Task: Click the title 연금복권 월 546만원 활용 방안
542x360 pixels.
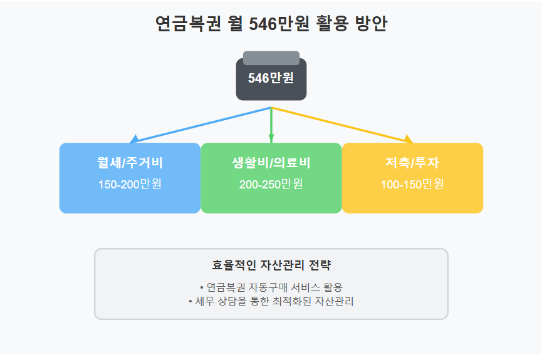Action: (271, 24)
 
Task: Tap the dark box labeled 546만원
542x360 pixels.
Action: (271, 79)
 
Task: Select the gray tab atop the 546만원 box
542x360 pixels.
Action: (271, 58)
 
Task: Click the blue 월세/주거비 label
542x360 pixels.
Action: (130, 163)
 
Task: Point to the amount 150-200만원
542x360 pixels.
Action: (130, 185)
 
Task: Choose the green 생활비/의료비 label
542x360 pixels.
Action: (271, 163)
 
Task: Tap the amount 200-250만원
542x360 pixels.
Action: (271, 185)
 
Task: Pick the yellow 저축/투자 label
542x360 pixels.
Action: (412, 163)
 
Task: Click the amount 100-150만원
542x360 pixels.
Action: (412, 185)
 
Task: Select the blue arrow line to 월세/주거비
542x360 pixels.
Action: (201, 125)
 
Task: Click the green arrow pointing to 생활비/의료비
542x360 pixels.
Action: (271, 125)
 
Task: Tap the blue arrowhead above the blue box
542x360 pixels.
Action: (133, 139)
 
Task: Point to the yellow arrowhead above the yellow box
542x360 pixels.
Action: (409, 139)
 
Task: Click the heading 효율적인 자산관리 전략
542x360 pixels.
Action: (271, 265)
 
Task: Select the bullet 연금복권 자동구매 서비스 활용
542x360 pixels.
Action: (271, 287)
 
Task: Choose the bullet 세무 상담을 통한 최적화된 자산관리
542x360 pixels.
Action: (271, 301)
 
